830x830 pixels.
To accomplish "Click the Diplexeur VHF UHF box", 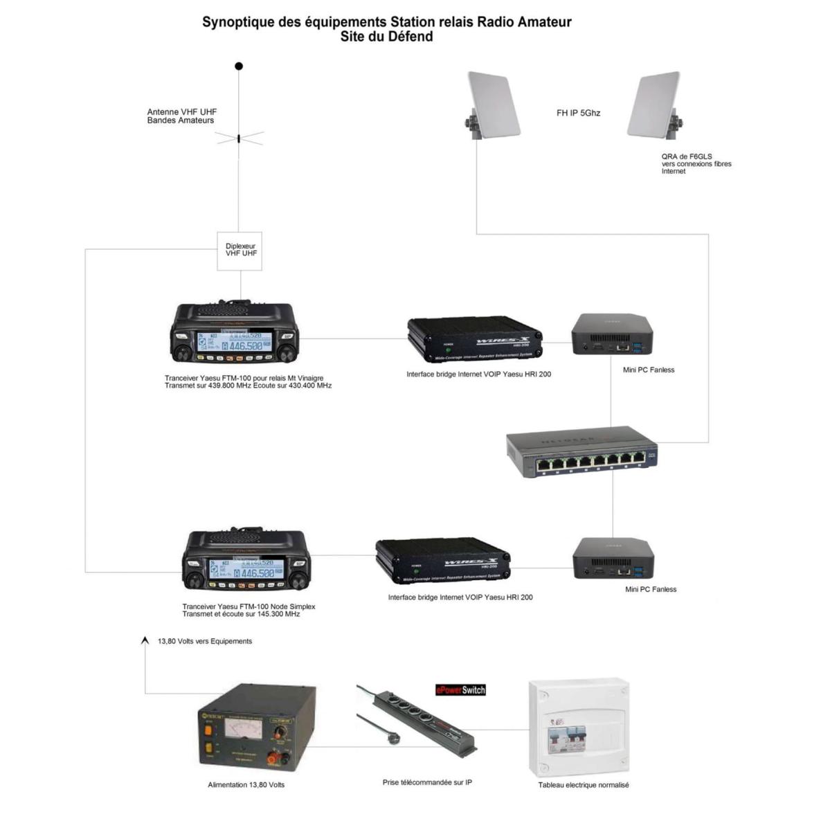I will (x=240, y=251).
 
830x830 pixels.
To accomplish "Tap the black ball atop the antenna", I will (x=239, y=66).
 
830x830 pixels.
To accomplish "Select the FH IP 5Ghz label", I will (x=578, y=113).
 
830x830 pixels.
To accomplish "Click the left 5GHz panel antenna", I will (x=492, y=105).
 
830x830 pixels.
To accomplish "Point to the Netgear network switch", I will (x=581, y=452).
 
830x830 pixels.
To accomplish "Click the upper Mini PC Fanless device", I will (x=613, y=334).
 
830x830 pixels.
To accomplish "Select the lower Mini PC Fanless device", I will (x=613, y=559).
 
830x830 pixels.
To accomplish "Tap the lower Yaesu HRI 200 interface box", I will (x=443, y=561).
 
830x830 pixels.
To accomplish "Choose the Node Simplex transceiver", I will (x=246, y=561).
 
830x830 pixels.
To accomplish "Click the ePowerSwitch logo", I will (x=460, y=690).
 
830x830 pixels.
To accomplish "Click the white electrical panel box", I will (x=579, y=727).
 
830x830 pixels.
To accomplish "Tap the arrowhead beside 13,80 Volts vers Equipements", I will (x=145, y=641).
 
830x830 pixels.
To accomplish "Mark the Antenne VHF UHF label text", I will (x=181, y=116).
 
